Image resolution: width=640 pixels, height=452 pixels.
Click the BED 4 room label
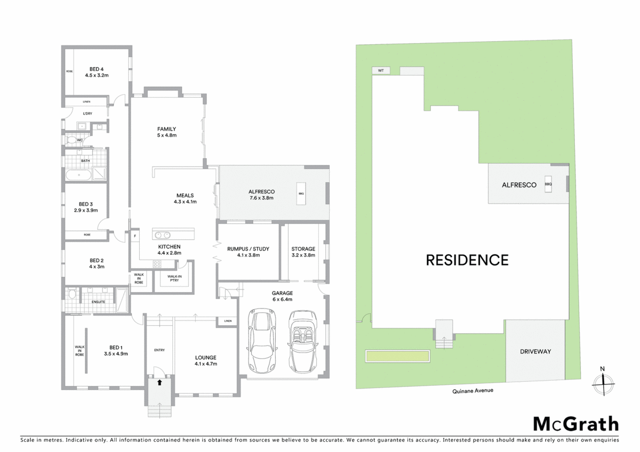(97, 68)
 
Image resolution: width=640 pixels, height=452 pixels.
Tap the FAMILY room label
(166, 129)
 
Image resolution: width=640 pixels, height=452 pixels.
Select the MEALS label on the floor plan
(185, 195)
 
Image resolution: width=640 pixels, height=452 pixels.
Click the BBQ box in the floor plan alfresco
(301, 193)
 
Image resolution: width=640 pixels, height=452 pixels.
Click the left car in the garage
(261, 341)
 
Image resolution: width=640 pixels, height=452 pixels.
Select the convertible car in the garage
(303, 341)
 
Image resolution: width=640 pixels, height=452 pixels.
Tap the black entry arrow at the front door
(159, 382)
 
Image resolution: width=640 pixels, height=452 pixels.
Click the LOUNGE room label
(205, 357)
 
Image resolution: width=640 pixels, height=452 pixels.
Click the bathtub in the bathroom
(78, 175)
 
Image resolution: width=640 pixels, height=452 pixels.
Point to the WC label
(79, 140)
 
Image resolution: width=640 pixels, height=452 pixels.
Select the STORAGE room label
(303, 249)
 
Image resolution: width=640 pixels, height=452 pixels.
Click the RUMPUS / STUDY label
(248, 249)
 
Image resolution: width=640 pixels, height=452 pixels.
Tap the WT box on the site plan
(380, 70)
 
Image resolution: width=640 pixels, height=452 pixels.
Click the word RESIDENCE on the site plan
(467, 260)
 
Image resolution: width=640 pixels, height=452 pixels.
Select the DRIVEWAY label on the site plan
(535, 351)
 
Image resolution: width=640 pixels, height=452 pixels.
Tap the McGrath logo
(576, 424)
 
